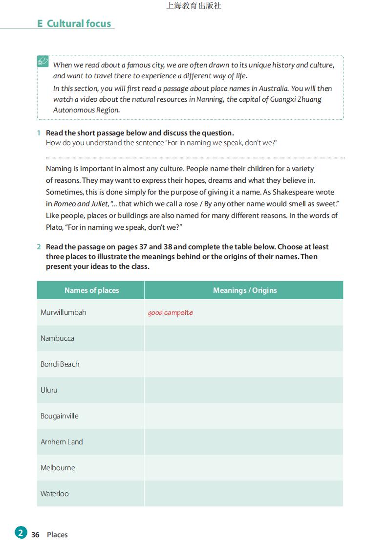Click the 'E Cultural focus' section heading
tap(74, 23)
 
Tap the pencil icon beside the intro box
tap(43, 62)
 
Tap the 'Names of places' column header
tap(91, 290)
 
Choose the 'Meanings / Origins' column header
tap(244, 290)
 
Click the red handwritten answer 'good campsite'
tap(170, 313)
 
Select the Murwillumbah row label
tap(63, 312)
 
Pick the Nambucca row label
tap(57, 338)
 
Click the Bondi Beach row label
tap(60, 364)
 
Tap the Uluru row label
tap(49, 390)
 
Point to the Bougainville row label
tap(59, 416)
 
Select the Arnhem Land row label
tap(62, 442)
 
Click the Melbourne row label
tap(58, 468)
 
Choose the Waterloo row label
tap(54, 494)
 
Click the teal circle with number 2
tap(21, 533)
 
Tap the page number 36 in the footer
tap(35, 535)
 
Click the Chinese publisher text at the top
tap(194, 6)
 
